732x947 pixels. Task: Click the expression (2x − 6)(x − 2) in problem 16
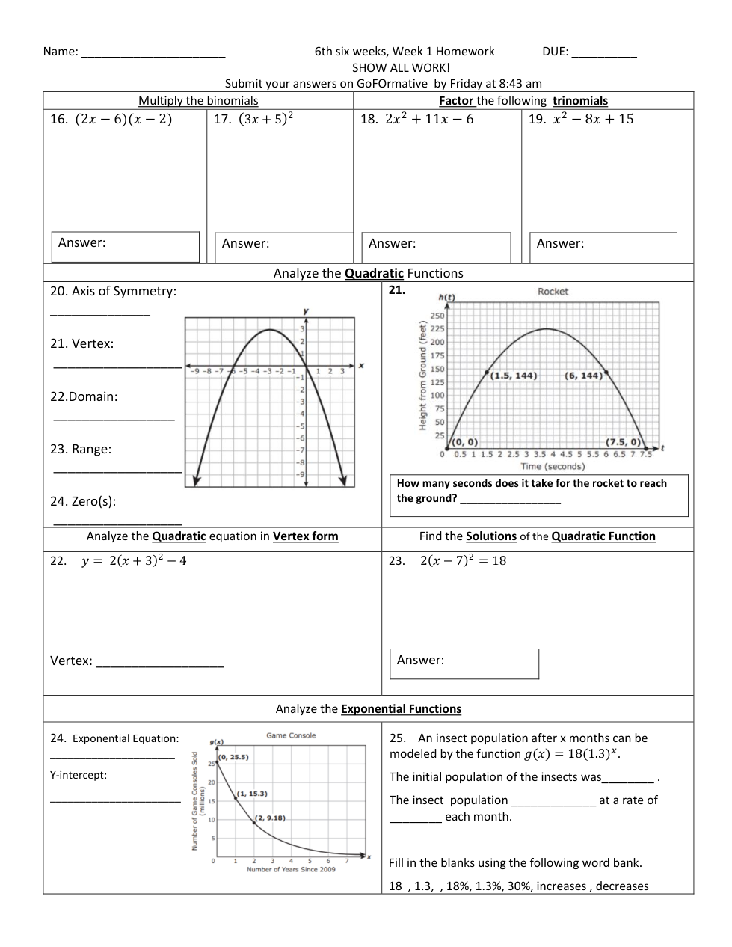(x=123, y=119)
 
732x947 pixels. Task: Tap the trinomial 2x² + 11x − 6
(x=428, y=119)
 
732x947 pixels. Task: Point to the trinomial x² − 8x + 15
(x=593, y=119)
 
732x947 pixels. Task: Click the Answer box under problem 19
(x=603, y=247)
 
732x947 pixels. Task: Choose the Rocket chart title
(x=553, y=292)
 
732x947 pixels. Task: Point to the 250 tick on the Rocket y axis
(x=437, y=316)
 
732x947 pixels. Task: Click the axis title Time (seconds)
(x=553, y=466)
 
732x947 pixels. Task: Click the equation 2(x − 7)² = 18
(x=463, y=561)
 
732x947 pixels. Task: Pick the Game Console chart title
(x=291, y=735)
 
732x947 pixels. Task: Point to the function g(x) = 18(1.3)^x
(x=572, y=754)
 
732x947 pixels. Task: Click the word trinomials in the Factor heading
(x=580, y=101)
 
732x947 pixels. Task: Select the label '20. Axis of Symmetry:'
(x=114, y=292)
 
